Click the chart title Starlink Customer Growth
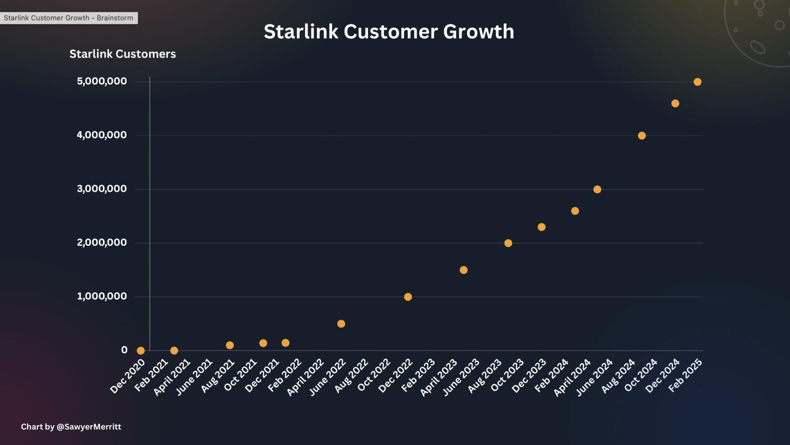click(389, 32)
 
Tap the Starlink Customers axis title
click(122, 54)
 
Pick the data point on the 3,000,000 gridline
click(597, 189)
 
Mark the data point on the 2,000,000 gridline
click(508, 243)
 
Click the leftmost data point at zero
click(141, 351)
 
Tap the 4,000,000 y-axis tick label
click(101, 135)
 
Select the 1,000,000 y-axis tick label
click(101, 296)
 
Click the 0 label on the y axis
click(124, 350)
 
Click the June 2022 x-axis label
click(327, 377)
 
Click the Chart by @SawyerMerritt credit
click(71, 427)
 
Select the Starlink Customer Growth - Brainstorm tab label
click(68, 18)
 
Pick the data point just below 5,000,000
click(675, 103)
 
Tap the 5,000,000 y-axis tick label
click(101, 81)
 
